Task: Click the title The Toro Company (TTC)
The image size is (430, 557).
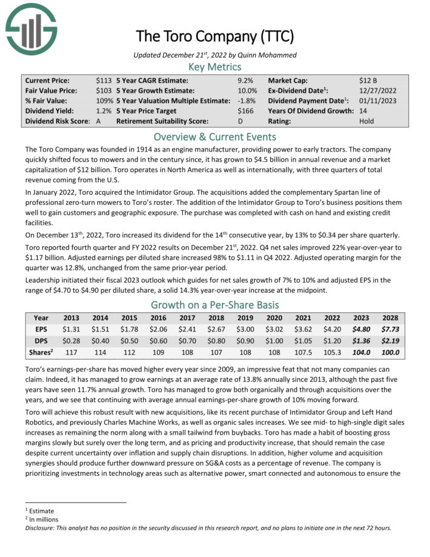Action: [215, 36]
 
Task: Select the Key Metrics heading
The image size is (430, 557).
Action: [215, 67]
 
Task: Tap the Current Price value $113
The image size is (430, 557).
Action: [104, 80]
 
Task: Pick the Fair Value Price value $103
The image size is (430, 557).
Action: [104, 90]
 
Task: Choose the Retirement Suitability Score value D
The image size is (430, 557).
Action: [240, 121]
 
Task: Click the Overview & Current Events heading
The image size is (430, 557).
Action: [215, 136]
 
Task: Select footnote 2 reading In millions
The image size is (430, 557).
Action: [41, 519]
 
